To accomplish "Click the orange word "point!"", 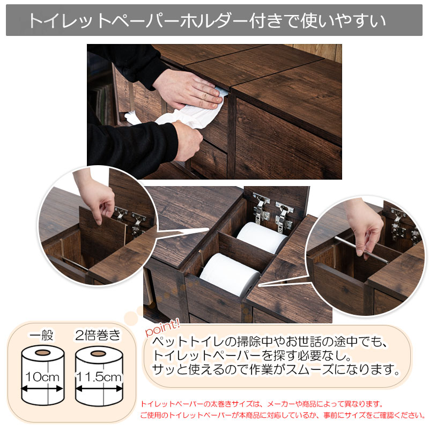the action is click(162, 327).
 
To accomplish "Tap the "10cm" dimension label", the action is click(42, 377).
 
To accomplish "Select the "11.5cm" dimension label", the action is click(99, 377).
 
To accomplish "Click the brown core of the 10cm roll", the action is click(43, 352).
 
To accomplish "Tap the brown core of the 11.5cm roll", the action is click(98, 353).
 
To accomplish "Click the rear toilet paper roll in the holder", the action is click(262, 237).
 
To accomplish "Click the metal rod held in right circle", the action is click(361, 249).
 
